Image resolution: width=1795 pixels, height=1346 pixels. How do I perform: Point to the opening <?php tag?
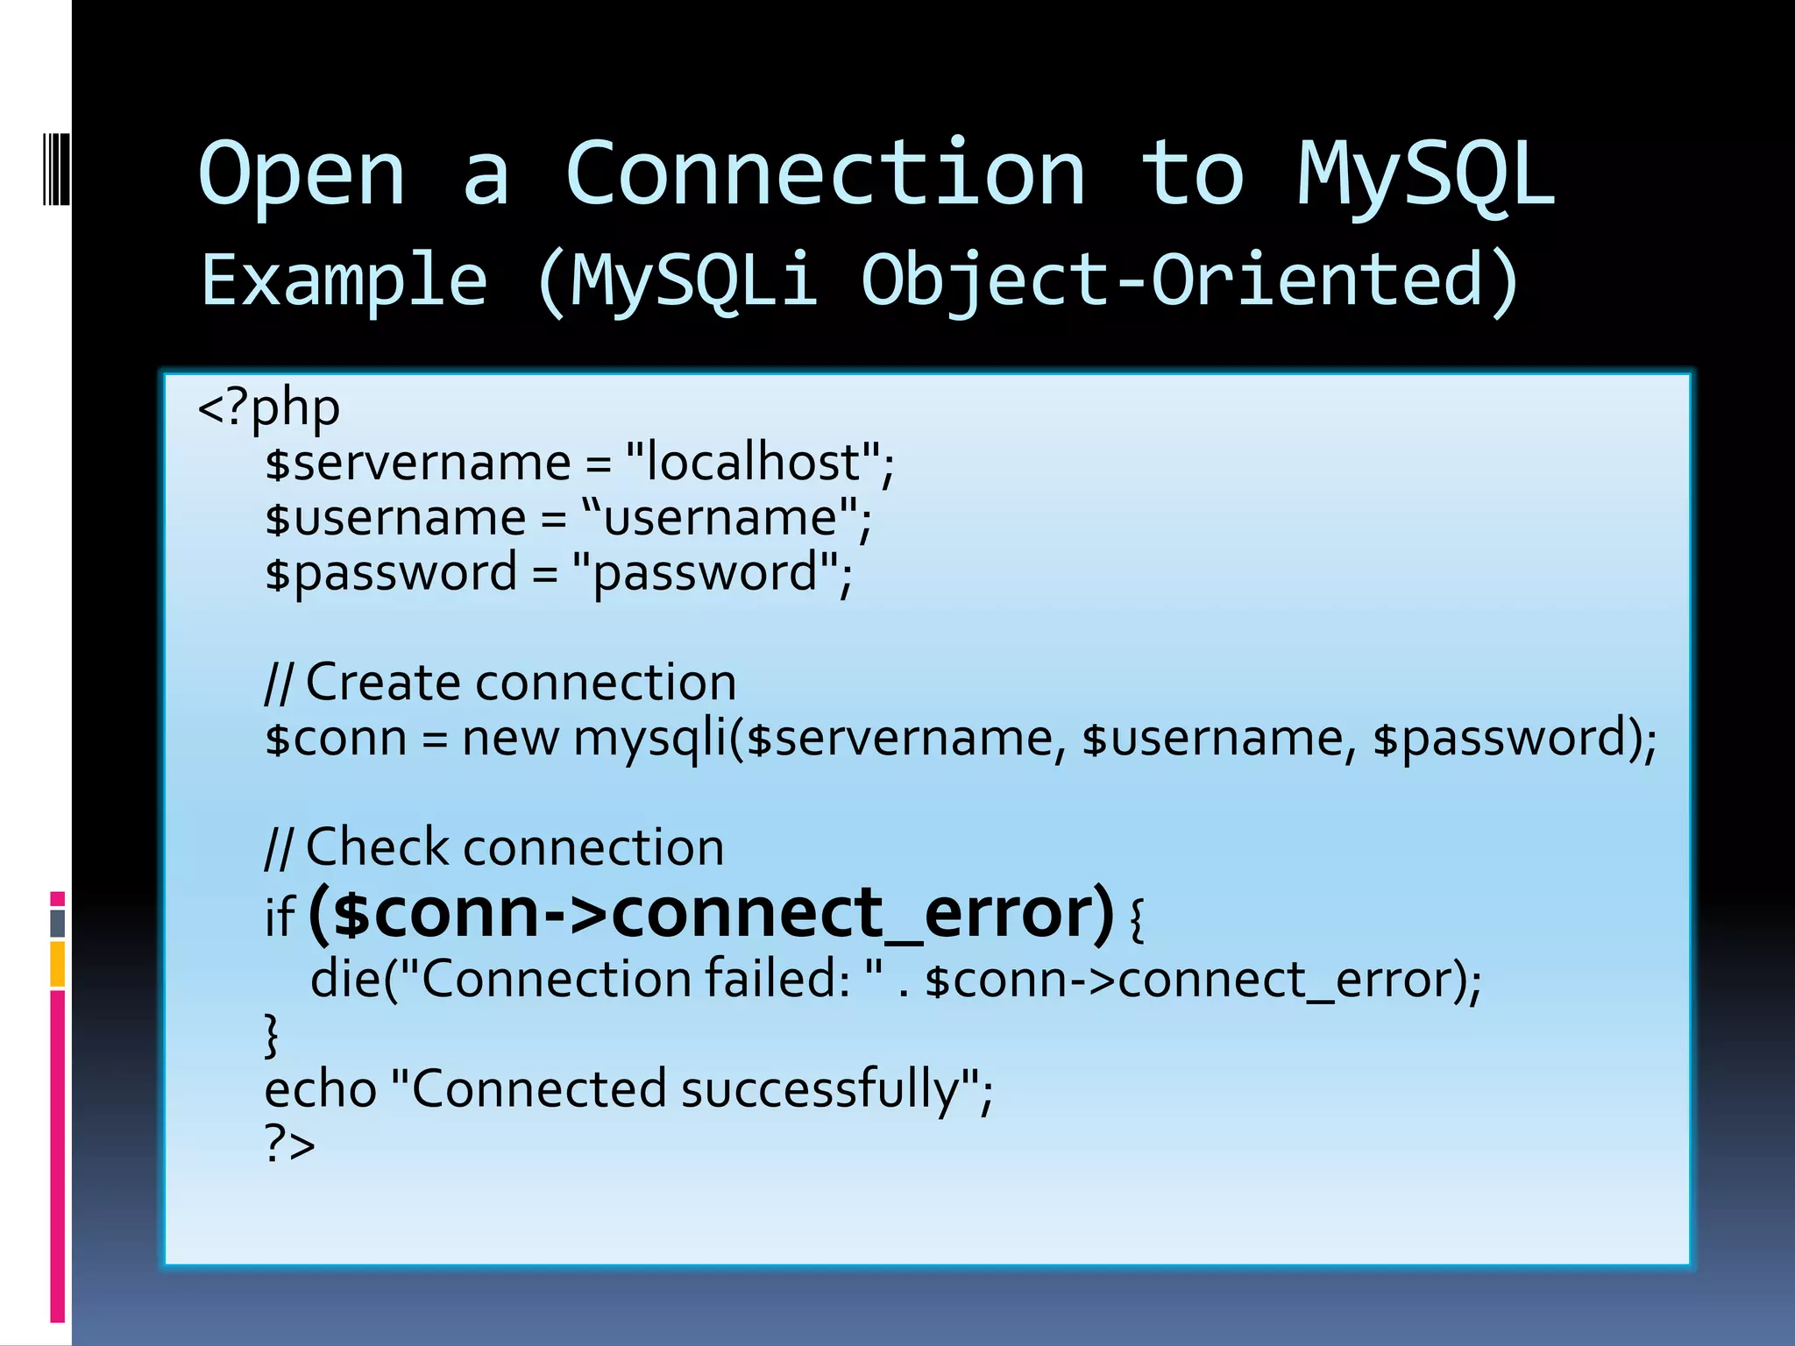[x=269, y=408]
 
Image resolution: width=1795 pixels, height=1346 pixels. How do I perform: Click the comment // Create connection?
[x=500, y=683]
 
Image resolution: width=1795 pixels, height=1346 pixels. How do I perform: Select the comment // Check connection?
[x=494, y=847]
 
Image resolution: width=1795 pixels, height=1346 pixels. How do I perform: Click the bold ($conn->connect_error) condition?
[x=711, y=913]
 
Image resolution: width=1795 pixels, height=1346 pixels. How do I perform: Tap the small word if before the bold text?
[x=280, y=918]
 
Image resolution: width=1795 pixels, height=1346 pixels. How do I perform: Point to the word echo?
[x=320, y=1089]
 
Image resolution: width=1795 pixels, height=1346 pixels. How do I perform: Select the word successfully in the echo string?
[x=819, y=1089]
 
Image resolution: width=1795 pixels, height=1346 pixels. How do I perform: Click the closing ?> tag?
[x=289, y=1144]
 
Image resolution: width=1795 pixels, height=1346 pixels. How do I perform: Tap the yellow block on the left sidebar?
[x=58, y=964]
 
